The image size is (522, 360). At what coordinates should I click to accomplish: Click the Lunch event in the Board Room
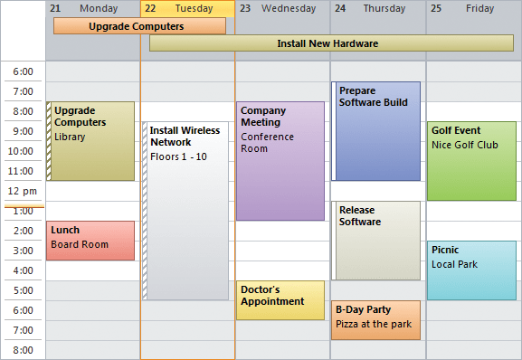[x=90, y=240]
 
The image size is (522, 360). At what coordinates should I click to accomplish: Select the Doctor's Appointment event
[x=280, y=299]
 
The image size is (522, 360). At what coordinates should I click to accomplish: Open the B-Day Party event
[x=375, y=319]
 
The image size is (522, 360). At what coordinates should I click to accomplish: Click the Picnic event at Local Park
[x=471, y=270]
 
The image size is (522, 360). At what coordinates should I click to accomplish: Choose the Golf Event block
[x=471, y=160]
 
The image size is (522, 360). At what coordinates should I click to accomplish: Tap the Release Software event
[x=377, y=240]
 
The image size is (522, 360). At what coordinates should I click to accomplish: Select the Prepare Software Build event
[x=377, y=131]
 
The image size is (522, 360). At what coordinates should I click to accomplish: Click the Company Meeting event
[x=280, y=160]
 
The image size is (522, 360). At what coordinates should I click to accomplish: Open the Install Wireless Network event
[x=186, y=210]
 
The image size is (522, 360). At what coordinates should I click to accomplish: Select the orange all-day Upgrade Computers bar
[x=139, y=26]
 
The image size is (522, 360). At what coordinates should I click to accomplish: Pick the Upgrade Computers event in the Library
[x=92, y=140]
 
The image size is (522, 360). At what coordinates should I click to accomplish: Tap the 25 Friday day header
[x=473, y=8]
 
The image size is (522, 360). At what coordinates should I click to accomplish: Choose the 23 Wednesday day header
[x=282, y=8]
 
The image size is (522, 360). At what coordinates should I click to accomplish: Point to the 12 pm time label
[x=23, y=191]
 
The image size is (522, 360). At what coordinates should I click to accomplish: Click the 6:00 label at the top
[x=23, y=71]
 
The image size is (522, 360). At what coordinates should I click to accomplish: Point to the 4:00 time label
[x=23, y=270]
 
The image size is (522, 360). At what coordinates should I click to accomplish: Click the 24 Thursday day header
[x=377, y=8]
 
